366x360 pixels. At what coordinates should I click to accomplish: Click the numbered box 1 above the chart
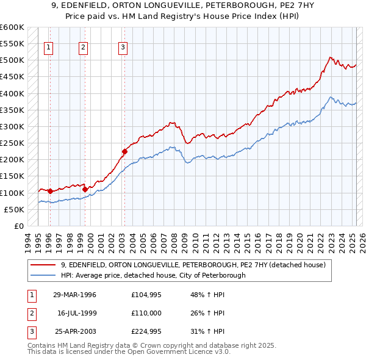point(48,48)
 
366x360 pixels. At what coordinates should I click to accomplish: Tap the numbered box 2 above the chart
point(83,48)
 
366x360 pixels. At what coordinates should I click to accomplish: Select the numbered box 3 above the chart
point(123,48)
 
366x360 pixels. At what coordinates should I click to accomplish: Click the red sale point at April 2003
point(124,151)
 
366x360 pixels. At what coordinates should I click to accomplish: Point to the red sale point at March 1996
point(50,191)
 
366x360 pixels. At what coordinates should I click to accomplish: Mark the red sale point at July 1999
point(85,189)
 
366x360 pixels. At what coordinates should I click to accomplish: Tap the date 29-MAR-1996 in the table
point(74,295)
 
